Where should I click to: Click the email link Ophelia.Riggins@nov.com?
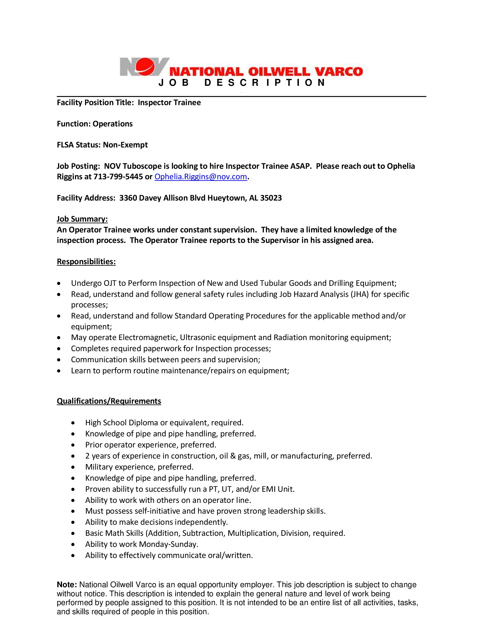tap(201, 177)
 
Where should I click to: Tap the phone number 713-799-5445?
tap(118, 177)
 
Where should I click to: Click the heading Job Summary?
tap(82, 219)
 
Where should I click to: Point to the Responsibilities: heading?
tap(86, 262)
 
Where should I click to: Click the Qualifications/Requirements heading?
tap(109, 401)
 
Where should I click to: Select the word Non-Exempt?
tap(125, 145)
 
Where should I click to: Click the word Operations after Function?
tap(113, 124)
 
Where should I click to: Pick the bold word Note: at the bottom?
tap(67, 585)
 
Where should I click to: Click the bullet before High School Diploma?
tap(73, 423)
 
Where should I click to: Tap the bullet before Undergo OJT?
tap(59, 283)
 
